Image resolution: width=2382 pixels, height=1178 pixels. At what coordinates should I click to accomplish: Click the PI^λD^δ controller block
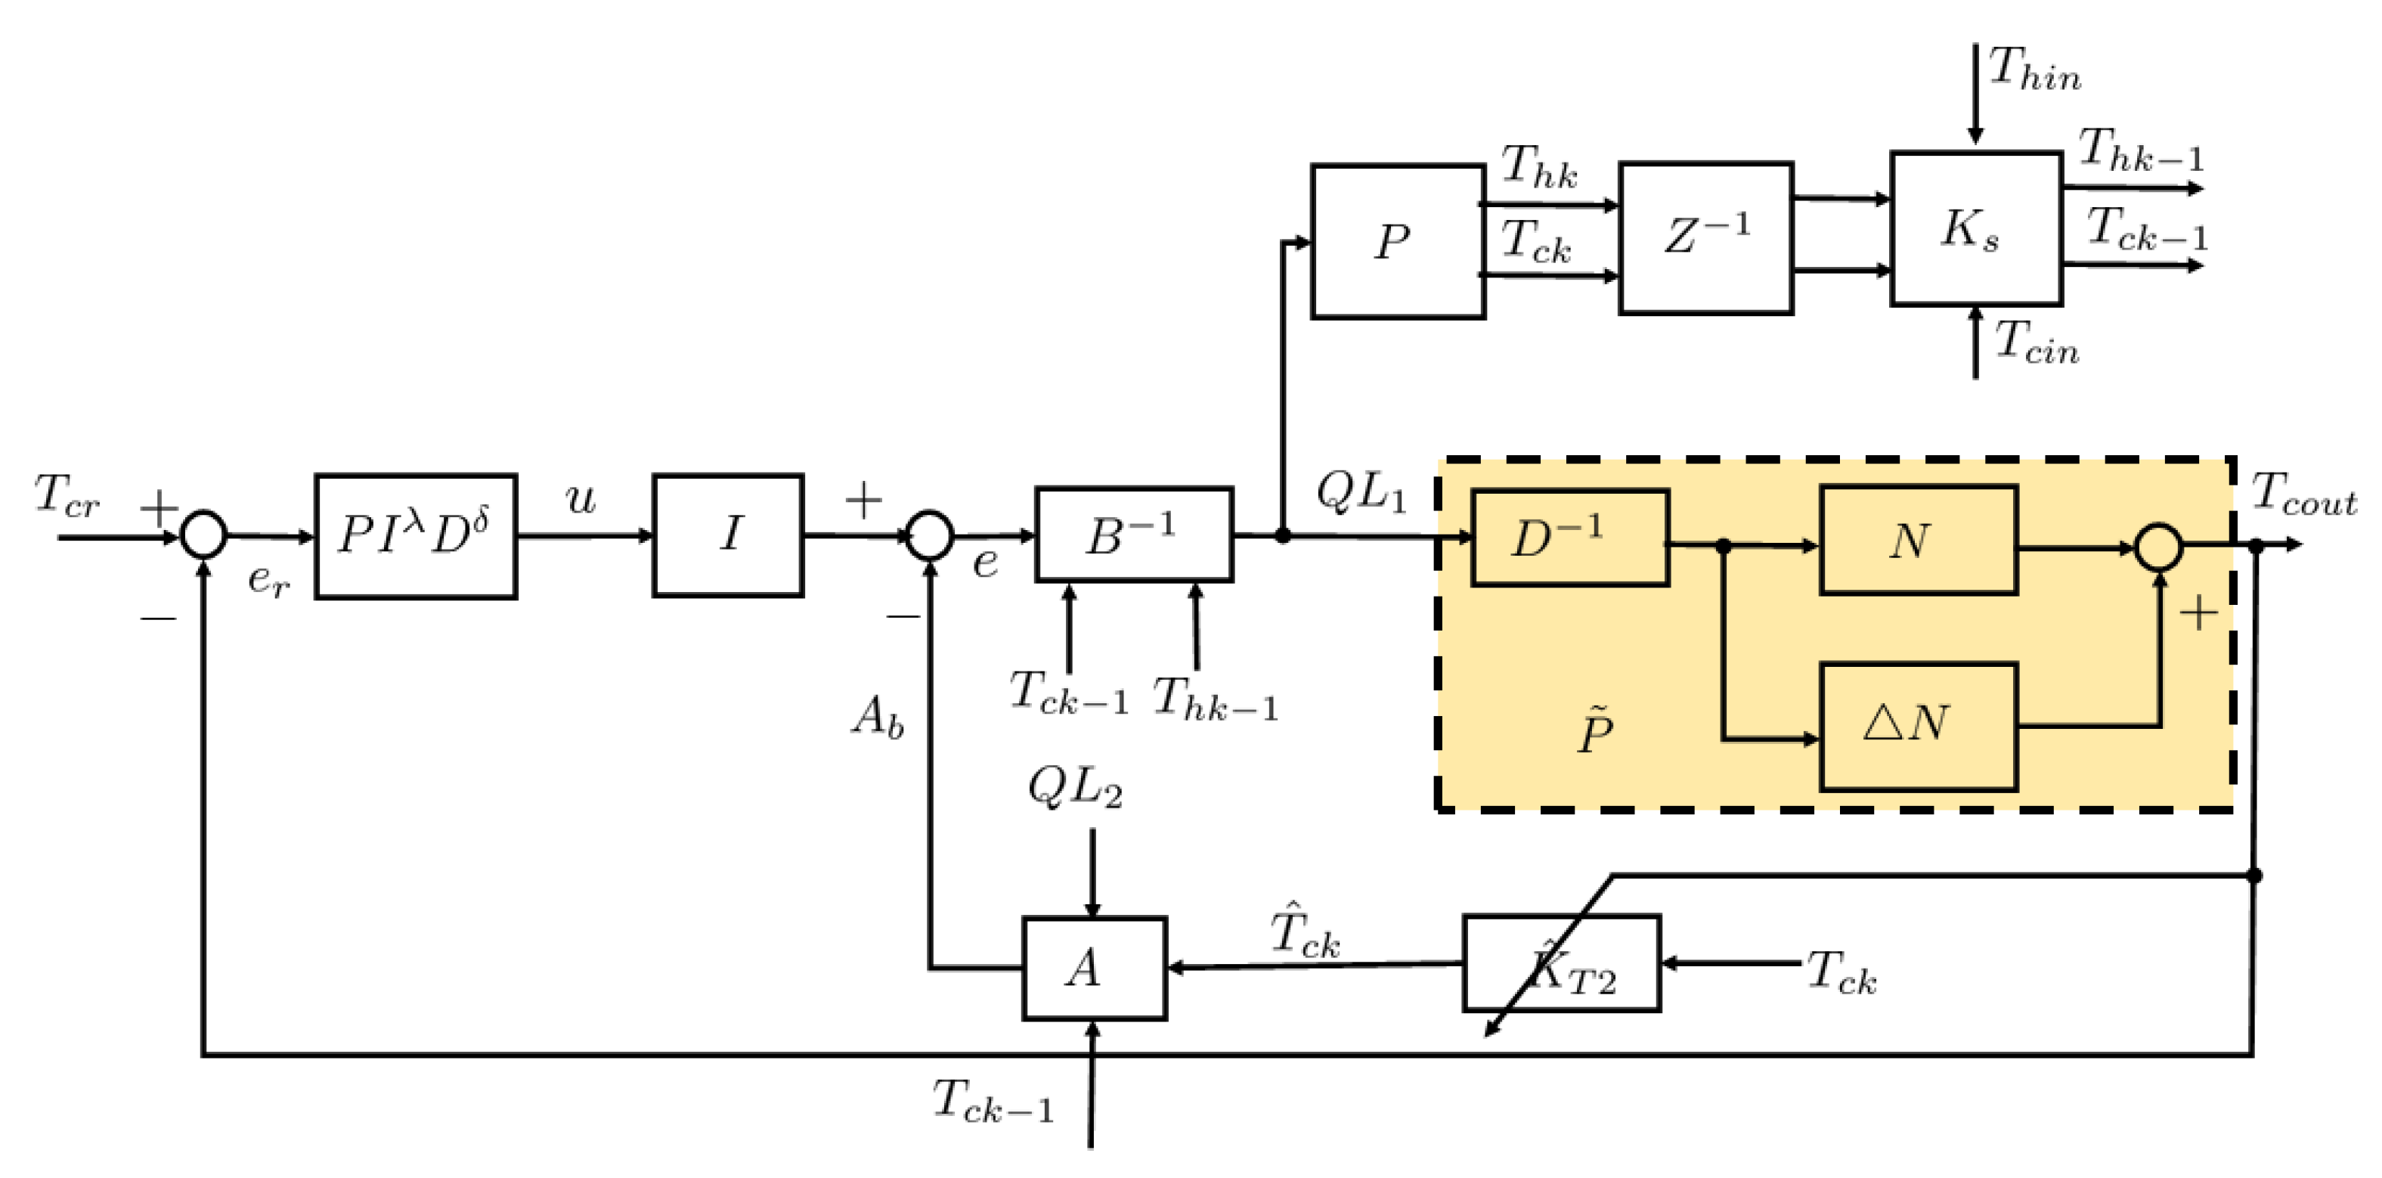(x=415, y=536)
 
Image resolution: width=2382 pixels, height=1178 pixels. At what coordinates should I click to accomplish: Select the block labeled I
(x=728, y=535)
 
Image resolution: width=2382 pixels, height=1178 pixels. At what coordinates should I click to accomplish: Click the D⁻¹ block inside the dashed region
(x=1569, y=538)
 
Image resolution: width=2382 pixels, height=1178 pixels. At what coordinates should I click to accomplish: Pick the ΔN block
(x=1918, y=726)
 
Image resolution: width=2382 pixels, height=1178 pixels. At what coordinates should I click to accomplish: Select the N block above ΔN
(x=1918, y=540)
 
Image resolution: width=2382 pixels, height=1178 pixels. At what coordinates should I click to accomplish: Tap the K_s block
(x=1975, y=228)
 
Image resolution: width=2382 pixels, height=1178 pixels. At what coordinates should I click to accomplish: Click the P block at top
(x=1397, y=242)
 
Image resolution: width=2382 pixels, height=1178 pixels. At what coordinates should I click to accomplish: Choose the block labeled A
(x=1094, y=968)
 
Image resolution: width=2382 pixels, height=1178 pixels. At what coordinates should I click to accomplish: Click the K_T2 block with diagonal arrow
(x=1561, y=963)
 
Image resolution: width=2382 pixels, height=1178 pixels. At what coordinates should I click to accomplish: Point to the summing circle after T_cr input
(x=203, y=535)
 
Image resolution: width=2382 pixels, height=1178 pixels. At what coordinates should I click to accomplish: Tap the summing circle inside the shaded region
(x=2159, y=547)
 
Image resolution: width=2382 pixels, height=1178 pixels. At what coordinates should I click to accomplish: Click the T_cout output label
(x=2303, y=494)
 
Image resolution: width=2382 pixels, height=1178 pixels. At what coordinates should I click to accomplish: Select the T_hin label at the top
(x=2034, y=70)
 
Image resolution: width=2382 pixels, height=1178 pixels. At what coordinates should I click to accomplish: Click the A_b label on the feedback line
(x=877, y=717)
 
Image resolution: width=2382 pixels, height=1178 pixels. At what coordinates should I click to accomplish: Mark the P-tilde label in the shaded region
(x=1595, y=730)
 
